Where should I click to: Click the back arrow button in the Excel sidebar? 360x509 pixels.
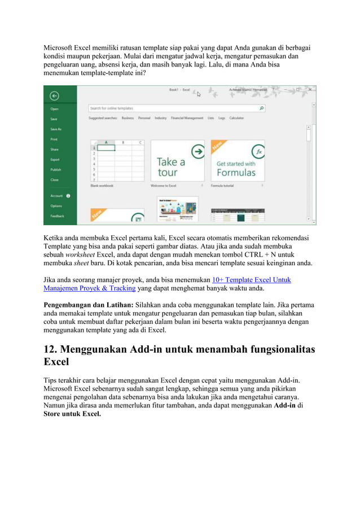[x=54, y=95]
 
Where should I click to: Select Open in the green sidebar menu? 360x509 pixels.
[x=54, y=109]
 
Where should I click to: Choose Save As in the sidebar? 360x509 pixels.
[x=55, y=129]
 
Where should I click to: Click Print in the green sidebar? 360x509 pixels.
[x=54, y=139]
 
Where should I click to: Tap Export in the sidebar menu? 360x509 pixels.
[x=55, y=160]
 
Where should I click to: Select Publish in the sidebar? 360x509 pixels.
[x=55, y=170]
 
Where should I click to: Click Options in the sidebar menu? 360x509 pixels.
[x=56, y=206]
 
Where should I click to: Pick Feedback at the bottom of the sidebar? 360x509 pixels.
[x=57, y=216]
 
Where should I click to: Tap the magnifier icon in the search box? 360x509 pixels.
[x=261, y=108]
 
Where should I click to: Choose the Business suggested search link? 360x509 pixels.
[x=128, y=118]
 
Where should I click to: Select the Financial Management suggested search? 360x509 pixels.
[x=187, y=118]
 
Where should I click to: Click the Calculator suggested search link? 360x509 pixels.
[x=236, y=118]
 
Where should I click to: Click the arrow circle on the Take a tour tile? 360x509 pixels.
[x=197, y=151]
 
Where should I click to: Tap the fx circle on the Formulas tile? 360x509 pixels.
[x=258, y=151]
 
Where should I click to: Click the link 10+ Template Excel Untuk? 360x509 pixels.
[x=252, y=279]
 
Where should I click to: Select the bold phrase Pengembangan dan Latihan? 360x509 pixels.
[x=89, y=305]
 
